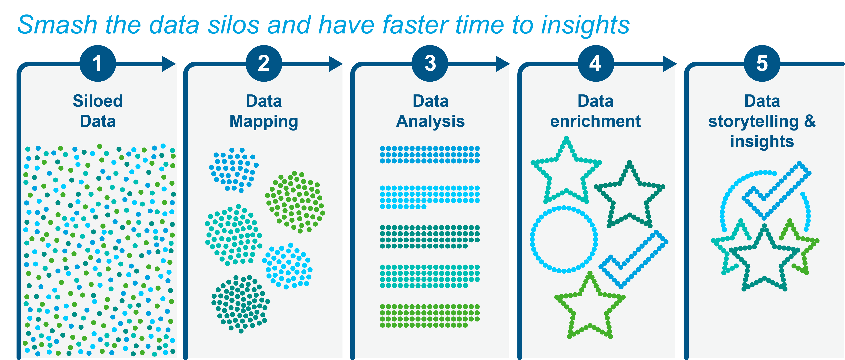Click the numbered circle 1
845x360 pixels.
coord(98,63)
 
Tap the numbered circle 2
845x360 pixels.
coord(264,63)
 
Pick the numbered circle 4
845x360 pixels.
coord(596,63)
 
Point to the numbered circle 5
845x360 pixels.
coord(762,63)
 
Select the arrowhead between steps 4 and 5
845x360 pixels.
coord(670,64)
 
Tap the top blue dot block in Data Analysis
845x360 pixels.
coord(430,155)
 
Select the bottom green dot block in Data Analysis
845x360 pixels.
coord(430,316)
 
